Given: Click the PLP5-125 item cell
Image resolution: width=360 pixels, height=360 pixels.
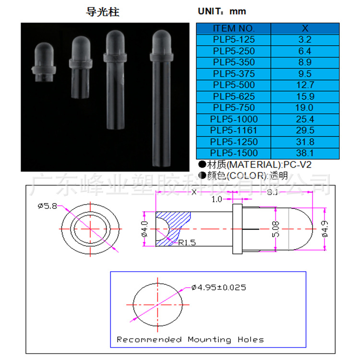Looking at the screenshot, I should click(x=234, y=40).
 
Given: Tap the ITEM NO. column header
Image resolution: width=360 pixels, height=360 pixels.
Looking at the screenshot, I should click(x=234, y=28).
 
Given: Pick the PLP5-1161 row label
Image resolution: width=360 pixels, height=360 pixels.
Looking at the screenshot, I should click(x=234, y=131).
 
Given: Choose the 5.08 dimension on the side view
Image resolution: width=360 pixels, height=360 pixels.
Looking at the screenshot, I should click(x=274, y=229).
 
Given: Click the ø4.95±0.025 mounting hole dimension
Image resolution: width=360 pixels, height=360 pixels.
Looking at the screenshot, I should click(x=218, y=288).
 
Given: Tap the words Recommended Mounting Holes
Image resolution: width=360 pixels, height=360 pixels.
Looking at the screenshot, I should click(x=190, y=339).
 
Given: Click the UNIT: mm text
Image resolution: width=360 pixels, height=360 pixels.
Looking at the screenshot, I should click(x=222, y=12).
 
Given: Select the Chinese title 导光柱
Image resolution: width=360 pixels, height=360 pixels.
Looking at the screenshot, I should click(x=102, y=12).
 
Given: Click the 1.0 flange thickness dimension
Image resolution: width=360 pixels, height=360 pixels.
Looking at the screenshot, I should click(x=217, y=198).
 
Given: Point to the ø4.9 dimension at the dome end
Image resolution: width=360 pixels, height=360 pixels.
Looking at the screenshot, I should click(x=325, y=229).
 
